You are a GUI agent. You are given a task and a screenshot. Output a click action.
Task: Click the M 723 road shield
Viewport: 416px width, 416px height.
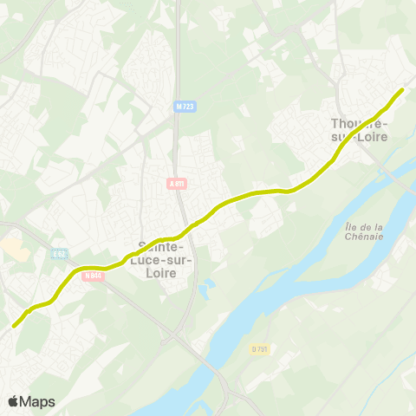(184, 107)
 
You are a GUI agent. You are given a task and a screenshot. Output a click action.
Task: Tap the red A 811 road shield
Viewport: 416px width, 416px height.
(177, 183)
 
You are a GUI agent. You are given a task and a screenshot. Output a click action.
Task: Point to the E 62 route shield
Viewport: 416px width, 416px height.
(58, 254)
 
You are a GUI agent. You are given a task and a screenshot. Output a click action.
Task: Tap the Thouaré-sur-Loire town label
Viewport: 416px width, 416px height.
(360, 129)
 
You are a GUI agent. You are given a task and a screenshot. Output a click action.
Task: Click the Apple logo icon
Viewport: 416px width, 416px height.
(14, 401)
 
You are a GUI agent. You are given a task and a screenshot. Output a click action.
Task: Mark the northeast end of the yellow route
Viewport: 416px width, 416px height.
(402, 90)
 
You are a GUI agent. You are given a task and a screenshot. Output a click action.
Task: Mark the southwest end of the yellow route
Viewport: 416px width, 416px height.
(15, 326)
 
